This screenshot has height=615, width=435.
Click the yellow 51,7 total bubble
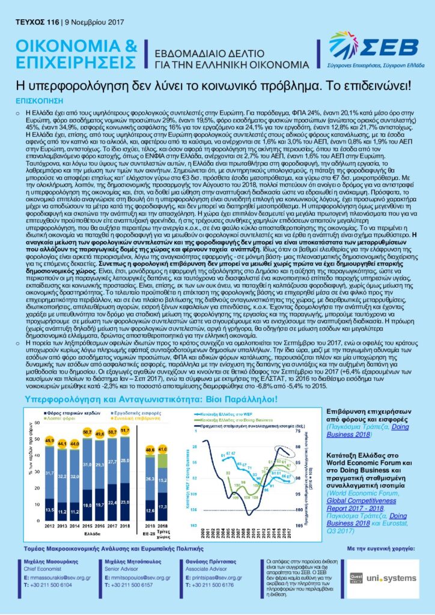click(125, 431)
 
